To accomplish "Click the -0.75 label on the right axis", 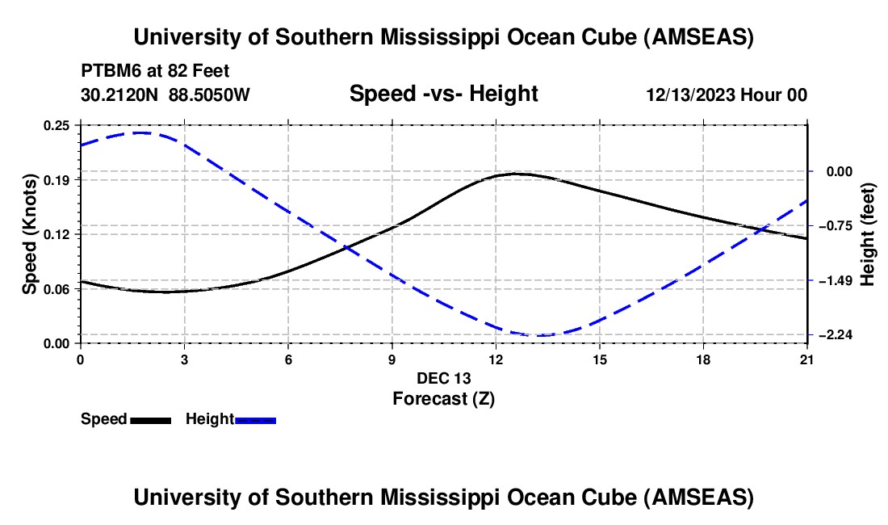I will [x=836, y=225].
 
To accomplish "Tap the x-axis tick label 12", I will [x=496, y=359].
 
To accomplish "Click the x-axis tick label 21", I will [x=807, y=359].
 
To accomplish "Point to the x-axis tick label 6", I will [x=288, y=359].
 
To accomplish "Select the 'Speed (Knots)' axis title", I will [x=29, y=233].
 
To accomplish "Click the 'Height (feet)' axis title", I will [x=868, y=233].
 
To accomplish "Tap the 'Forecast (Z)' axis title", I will [x=443, y=398].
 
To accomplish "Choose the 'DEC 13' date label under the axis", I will [x=443, y=378].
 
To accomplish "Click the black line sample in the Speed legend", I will [x=150, y=419].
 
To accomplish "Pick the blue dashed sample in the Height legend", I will [x=255, y=419].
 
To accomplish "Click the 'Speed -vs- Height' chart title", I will [x=443, y=94].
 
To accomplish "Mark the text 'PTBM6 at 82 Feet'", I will [x=155, y=71].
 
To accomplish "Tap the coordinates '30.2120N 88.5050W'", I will [x=165, y=94].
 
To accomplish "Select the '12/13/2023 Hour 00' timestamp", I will [x=727, y=94].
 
